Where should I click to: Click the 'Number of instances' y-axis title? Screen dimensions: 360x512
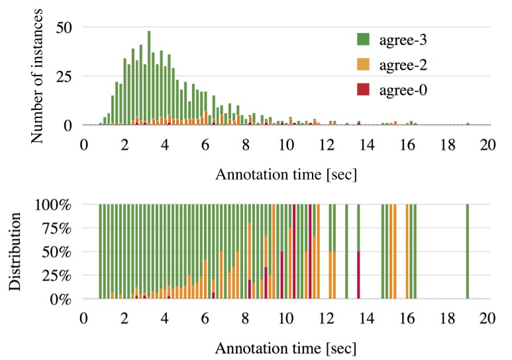(x=38, y=77)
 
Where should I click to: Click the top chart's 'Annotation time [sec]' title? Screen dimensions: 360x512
(x=286, y=175)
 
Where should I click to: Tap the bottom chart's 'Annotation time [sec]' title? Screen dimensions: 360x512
(x=286, y=347)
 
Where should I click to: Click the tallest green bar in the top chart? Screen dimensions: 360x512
(x=149, y=78)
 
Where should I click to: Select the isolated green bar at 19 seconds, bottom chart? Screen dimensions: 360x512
(x=468, y=252)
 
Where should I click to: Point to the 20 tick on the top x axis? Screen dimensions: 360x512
(x=488, y=144)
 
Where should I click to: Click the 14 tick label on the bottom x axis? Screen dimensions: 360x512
(x=367, y=316)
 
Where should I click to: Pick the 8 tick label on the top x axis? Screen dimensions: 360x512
(x=246, y=144)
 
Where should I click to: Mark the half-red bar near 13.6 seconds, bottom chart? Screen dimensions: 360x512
(x=358, y=275)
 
